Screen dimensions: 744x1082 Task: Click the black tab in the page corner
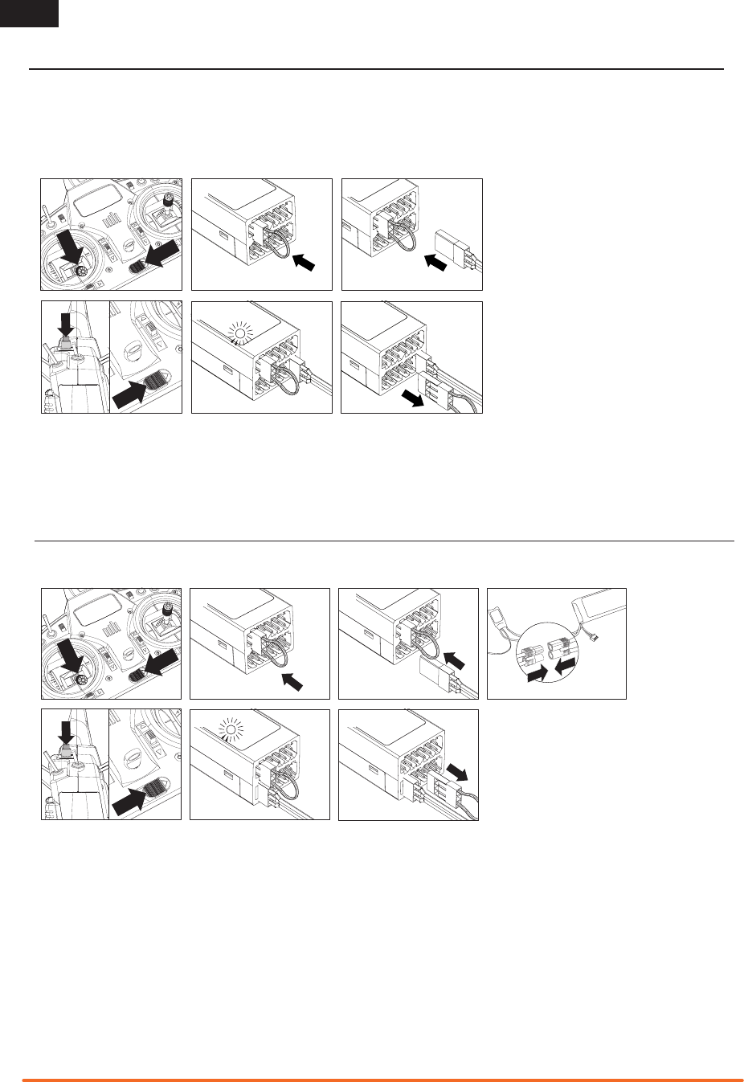tap(29, 13)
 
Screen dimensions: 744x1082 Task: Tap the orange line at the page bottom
tap(382, 1080)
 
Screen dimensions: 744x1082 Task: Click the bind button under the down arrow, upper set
tap(66, 345)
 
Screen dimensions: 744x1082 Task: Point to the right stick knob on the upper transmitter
tap(167, 199)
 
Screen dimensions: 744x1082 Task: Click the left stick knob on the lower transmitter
tap(83, 681)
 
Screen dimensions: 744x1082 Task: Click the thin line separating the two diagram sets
tap(384, 541)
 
